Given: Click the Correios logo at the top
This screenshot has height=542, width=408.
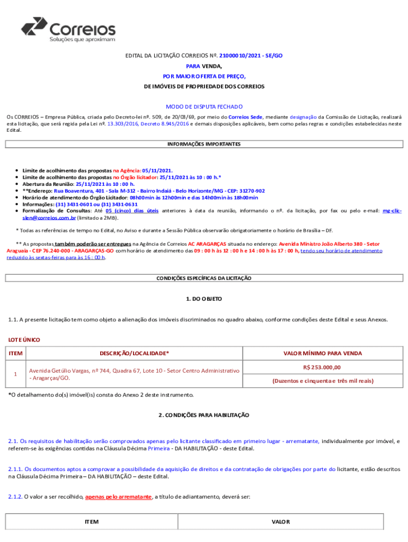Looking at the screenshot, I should (68, 29).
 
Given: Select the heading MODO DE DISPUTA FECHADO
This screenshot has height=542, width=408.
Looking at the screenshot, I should (204, 106).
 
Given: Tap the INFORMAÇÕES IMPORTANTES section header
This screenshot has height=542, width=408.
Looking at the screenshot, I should (204, 144).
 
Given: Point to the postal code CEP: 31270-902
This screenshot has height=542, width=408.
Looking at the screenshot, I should (245, 191).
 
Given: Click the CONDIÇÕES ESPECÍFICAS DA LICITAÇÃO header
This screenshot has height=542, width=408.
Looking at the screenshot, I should (204, 278).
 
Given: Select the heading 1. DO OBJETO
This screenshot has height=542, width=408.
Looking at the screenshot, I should (204, 299).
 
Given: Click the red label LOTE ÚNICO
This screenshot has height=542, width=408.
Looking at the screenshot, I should (23, 339).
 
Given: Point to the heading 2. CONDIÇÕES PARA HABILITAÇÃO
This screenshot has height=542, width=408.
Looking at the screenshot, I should (204, 415).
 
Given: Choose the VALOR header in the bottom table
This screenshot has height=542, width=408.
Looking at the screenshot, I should (280, 521).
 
